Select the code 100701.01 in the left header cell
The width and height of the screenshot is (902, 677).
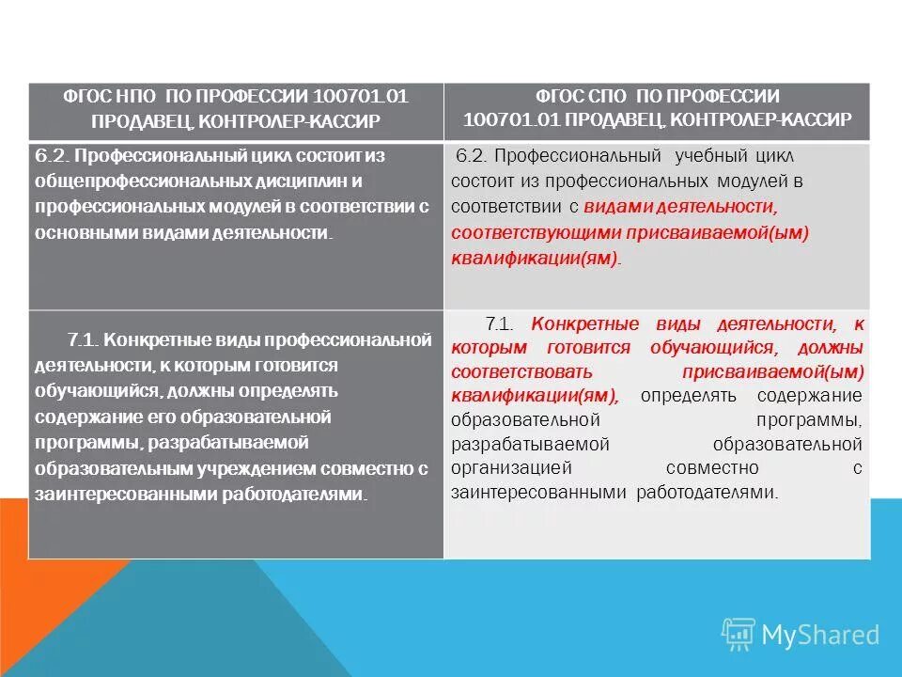(x=361, y=97)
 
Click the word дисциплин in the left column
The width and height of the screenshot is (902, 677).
(x=270, y=180)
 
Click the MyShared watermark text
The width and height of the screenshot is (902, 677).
(x=820, y=636)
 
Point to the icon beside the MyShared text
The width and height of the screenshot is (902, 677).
(x=738, y=635)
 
